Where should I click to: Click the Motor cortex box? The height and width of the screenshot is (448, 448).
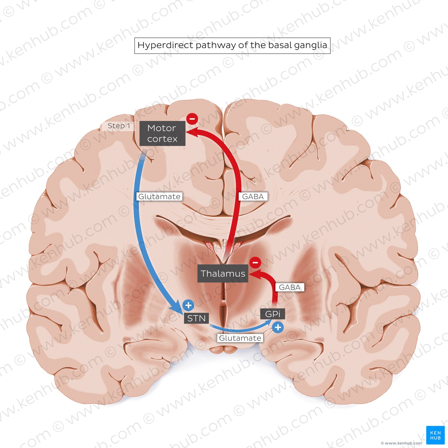(162, 133)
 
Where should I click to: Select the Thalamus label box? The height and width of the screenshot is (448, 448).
(223, 274)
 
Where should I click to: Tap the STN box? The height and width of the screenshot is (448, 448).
(196, 318)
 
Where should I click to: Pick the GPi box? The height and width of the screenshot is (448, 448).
(273, 314)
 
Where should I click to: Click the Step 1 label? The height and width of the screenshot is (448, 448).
(119, 126)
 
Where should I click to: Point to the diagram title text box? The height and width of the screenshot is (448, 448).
(232, 45)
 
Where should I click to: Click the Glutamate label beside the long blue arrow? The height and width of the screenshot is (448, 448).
(159, 196)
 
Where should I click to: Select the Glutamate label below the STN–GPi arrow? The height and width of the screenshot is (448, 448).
(240, 338)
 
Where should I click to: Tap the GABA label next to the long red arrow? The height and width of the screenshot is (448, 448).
(253, 196)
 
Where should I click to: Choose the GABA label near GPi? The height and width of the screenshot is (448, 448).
(290, 287)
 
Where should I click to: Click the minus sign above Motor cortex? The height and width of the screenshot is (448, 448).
(192, 119)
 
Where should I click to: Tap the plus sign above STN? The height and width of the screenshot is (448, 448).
(188, 306)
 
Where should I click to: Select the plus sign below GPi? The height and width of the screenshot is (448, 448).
(278, 327)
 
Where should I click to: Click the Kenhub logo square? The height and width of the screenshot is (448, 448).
(435, 435)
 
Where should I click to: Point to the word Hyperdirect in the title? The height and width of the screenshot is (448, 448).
(165, 45)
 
